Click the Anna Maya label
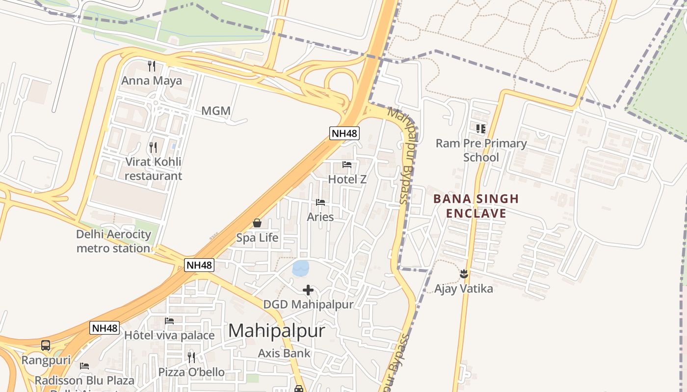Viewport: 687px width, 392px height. coord(152,81)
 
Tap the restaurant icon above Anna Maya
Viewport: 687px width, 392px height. coord(152,66)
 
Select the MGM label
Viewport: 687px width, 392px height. coord(216,111)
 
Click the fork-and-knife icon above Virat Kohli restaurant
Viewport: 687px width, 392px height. coord(153,147)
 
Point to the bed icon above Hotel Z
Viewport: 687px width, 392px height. coord(347,165)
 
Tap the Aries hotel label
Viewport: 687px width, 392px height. coord(320,217)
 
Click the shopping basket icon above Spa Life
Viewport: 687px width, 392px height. coord(257,223)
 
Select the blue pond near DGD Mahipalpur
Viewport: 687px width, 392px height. coord(300,268)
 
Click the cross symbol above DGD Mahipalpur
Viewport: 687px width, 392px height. coord(308,291)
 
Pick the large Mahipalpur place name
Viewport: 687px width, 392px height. coord(276,331)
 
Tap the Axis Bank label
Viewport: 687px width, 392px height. coord(284,353)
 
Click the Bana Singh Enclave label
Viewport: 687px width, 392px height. coord(476,206)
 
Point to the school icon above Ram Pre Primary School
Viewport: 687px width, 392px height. coord(480,129)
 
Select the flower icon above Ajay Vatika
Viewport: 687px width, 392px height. coord(464,274)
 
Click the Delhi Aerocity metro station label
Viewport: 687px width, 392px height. coord(113,241)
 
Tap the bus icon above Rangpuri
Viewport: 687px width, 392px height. coord(46,345)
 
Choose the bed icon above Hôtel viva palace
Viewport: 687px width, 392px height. coord(169,321)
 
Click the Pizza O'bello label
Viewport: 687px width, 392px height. coord(191,372)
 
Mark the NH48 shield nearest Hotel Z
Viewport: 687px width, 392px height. coord(344,133)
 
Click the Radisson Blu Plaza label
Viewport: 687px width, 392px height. coord(84,380)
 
